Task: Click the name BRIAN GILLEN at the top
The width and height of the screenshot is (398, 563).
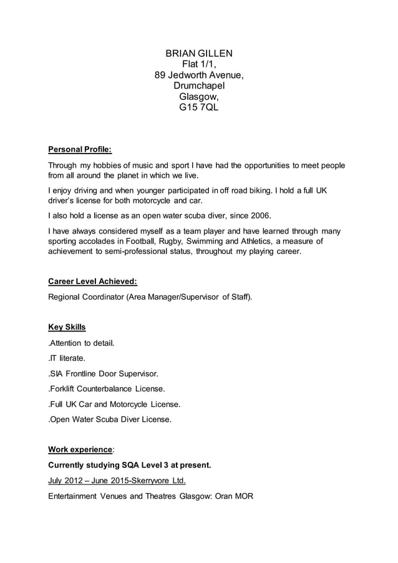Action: point(199,53)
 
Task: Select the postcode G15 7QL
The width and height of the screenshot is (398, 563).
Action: point(199,108)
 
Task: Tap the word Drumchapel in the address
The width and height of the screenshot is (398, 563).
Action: point(199,86)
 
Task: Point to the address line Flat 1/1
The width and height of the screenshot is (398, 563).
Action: point(199,64)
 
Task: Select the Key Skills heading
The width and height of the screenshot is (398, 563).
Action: point(67,327)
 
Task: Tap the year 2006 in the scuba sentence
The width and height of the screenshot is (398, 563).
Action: point(259,216)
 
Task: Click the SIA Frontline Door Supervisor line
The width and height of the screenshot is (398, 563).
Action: point(104,373)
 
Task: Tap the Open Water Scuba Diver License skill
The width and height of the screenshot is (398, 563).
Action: point(110,419)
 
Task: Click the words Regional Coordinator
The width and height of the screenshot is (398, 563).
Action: point(85,297)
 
